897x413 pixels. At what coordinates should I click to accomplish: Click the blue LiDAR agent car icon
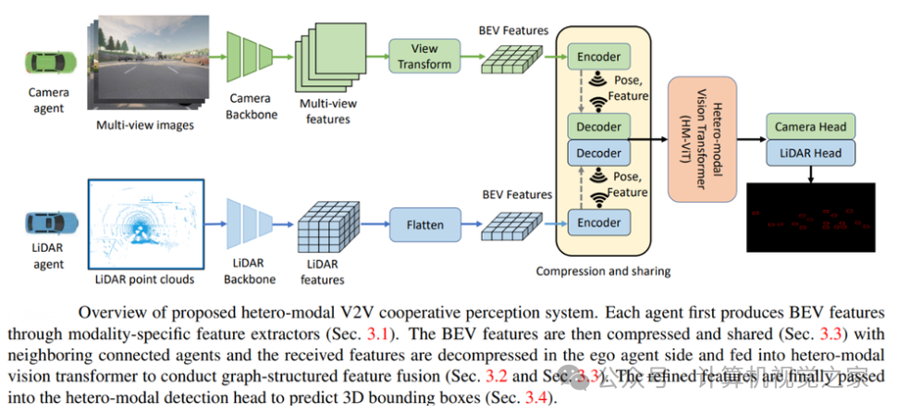coord(45,222)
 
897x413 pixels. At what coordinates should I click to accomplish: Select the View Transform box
coord(424,56)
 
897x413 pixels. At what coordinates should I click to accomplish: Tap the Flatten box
coord(424,223)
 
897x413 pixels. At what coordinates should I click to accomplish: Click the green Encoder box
coord(598,56)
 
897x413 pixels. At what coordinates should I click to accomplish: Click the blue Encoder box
coord(598,222)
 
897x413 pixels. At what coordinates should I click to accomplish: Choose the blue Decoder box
coord(598,152)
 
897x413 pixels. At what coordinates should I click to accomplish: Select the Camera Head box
coord(810,127)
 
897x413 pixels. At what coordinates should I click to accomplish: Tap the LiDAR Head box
coord(810,153)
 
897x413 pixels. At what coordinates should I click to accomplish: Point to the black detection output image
coord(810,218)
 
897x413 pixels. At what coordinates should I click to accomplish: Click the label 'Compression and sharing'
coord(603,271)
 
